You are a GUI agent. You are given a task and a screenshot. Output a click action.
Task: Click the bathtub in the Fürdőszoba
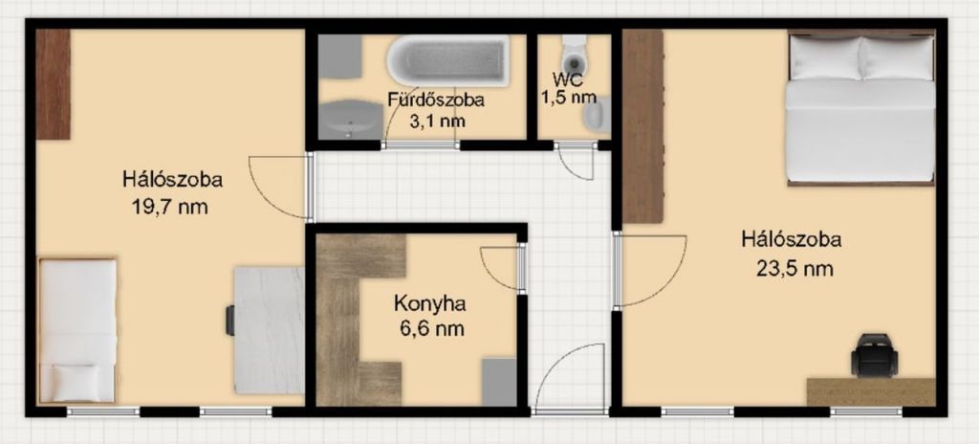coord(447,60)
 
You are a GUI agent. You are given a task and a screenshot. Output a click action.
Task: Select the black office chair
coord(874,355)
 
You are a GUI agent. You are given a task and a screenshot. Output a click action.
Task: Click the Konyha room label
coord(429,304)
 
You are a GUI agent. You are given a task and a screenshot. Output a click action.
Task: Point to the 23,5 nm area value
coord(795,269)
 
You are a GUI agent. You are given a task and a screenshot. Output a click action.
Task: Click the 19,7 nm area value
coord(170,207)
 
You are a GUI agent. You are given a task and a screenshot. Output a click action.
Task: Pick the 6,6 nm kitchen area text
coord(429,327)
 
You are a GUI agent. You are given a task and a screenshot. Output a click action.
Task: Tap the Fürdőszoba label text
coord(435,99)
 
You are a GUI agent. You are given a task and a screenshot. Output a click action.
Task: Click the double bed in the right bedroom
coord(860,107)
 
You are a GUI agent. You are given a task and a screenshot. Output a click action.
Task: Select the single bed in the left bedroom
coord(77,330)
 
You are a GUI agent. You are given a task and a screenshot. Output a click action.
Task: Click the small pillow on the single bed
coord(76,383)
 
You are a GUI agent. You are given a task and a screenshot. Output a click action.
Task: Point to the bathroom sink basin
coord(350,120)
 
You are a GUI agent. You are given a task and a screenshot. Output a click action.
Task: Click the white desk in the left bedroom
coord(270,330)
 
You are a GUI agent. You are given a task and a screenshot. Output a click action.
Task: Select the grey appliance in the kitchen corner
coord(499,382)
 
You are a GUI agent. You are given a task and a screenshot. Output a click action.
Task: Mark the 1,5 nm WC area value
coord(574,98)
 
